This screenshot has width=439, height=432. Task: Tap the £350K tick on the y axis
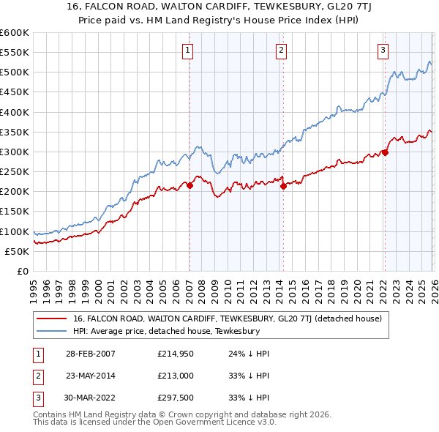coord(15,132)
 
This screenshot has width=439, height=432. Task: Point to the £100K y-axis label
coord(15,231)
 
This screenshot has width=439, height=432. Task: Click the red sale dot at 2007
coord(190,186)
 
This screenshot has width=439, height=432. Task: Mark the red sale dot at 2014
coord(283,187)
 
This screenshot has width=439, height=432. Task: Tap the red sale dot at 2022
coord(385,153)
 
